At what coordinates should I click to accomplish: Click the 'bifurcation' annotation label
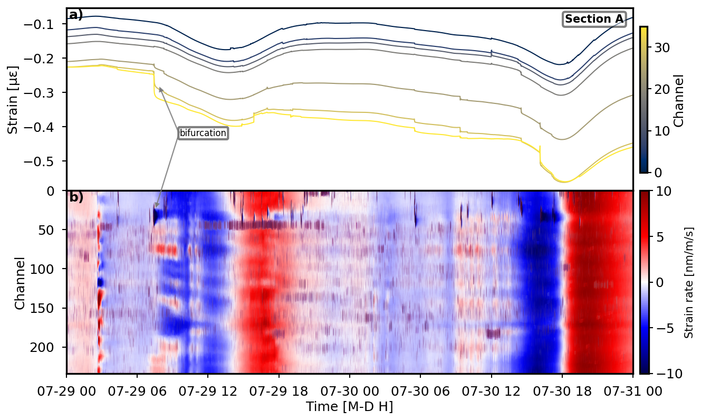click(203, 133)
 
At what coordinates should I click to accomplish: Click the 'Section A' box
click(594, 20)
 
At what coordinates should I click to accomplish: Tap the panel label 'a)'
click(76, 14)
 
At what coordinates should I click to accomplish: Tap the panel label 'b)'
click(76, 198)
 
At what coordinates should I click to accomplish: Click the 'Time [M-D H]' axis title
click(349, 407)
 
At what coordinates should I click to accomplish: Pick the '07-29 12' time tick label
click(208, 392)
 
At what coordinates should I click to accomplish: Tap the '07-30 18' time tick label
click(562, 392)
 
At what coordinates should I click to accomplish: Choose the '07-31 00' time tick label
click(632, 392)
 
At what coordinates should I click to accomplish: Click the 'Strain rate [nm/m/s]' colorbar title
click(688, 282)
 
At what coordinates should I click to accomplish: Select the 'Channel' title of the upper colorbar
click(679, 100)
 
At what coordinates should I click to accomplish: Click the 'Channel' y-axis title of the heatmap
click(20, 283)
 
